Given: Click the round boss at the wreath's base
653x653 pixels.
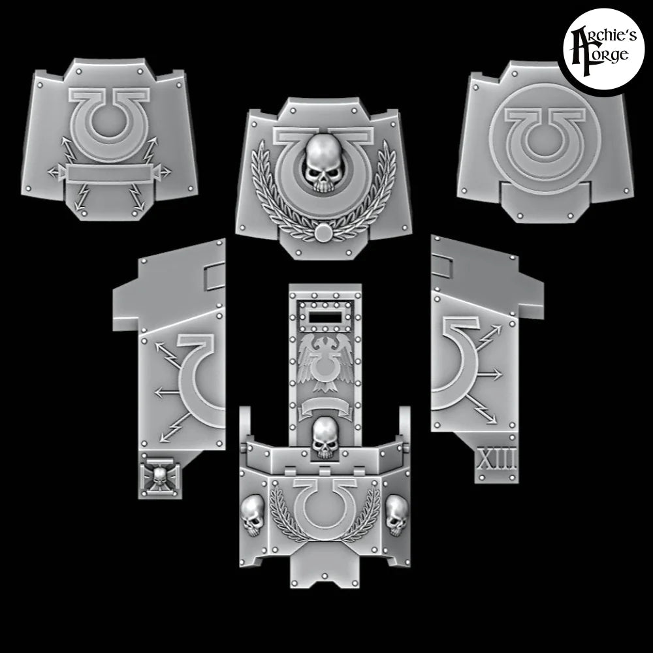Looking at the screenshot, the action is point(323,234).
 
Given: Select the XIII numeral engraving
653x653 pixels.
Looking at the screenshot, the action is point(497,458).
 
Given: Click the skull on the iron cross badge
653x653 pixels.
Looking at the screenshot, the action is point(160,477).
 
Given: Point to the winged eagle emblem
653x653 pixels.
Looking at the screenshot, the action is point(325,362).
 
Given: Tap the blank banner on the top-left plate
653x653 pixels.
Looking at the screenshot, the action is point(109,173).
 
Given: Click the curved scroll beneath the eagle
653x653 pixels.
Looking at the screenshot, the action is point(326,409).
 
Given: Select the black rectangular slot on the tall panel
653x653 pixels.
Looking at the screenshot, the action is point(325,319).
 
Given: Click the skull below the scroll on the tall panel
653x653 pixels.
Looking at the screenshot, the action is point(325,438).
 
